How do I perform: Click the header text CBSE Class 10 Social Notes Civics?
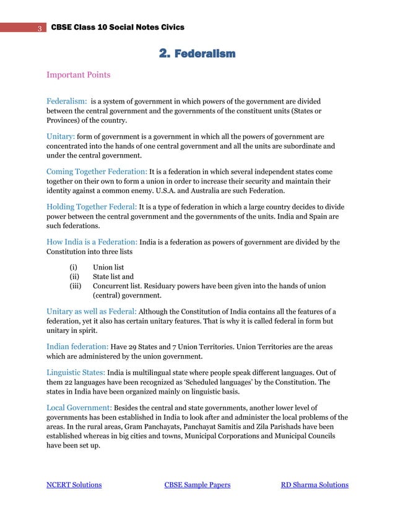(x=117, y=27)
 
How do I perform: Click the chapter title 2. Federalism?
(x=197, y=54)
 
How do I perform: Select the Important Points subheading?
(x=79, y=75)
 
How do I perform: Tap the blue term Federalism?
(x=67, y=100)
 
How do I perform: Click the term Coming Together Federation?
(x=97, y=171)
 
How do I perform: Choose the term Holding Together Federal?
(x=93, y=206)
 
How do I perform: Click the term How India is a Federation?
(x=92, y=242)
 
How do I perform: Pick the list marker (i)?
(x=74, y=268)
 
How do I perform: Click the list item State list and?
(x=113, y=277)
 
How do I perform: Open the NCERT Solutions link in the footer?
(x=74, y=485)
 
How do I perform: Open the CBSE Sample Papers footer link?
(x=197, y=485)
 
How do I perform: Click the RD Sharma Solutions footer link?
(x=315, y=485)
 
